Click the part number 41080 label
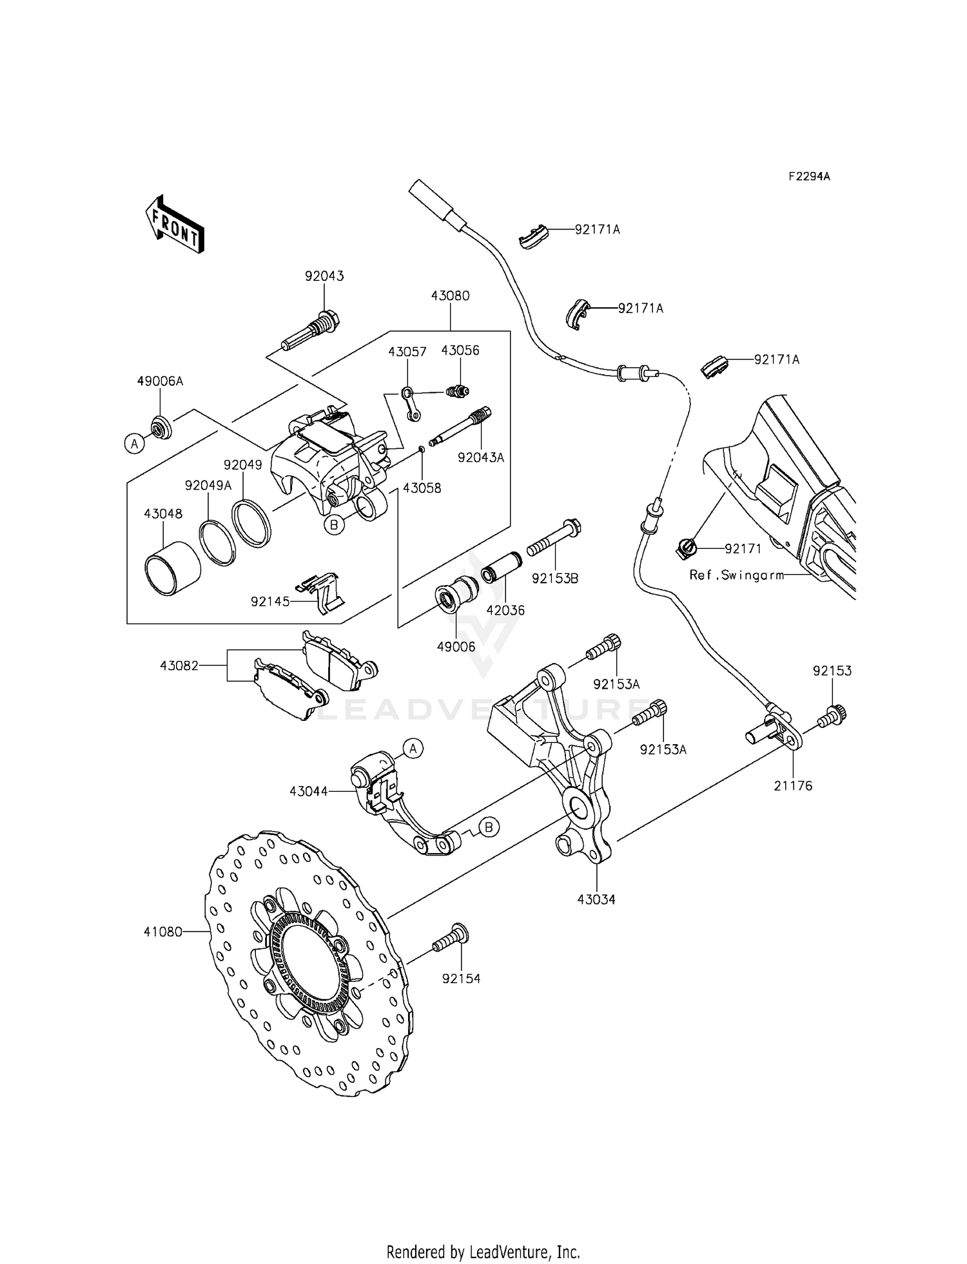tap(162, 932)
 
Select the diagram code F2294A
tap(809, 177)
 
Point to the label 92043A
tap(480, 457)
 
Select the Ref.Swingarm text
tap(736, 575)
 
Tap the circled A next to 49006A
tap(135, 443)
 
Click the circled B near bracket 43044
tap(489, 827)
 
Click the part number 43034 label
tap(596, 899)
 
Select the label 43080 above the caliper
tap(450, 296)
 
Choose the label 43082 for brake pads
tap(179, 666)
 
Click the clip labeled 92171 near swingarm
tap(687, 549)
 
